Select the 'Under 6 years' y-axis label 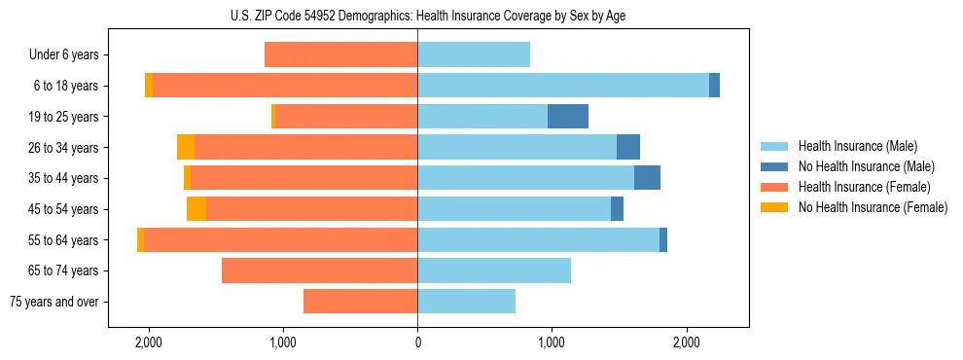(63, 54)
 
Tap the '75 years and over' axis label (53, 302)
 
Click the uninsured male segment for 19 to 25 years (568, 117)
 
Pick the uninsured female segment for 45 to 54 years (196, 209)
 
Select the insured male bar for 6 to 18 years (563, 86)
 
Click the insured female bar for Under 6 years (340, 54)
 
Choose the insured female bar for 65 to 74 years (319, 270)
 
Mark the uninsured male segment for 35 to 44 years (647, 178)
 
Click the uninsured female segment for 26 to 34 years (186, 147)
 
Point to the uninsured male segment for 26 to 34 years (628, 147)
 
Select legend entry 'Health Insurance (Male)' (857, 146)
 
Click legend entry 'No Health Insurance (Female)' (873, 207)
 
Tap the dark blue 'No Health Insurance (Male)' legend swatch (774, 166)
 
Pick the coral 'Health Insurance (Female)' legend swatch (774, 187)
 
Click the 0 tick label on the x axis (417, 342)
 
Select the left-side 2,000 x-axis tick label (149, 342)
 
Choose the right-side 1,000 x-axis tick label (552, 342)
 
